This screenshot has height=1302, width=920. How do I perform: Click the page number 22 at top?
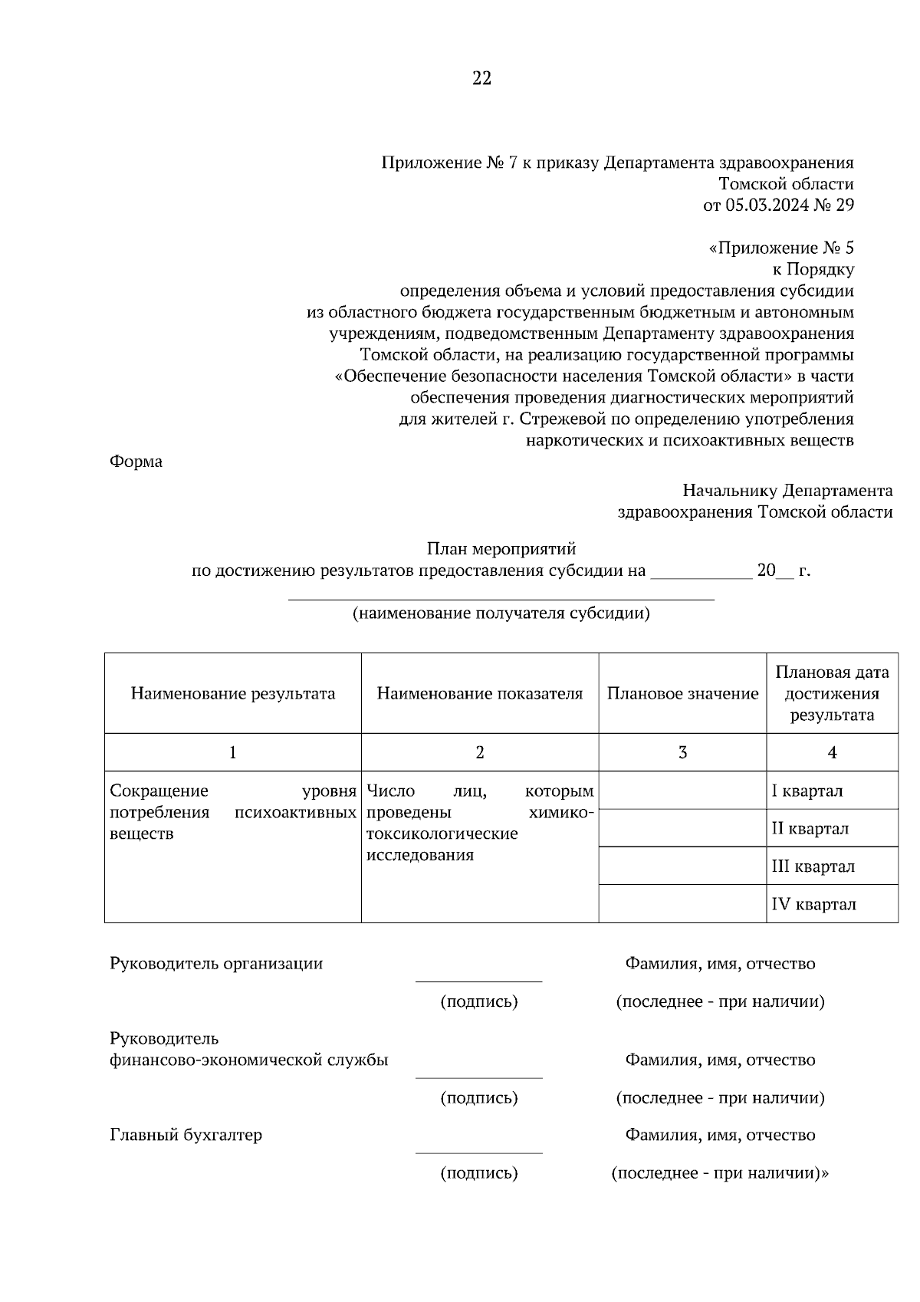pos(481,78)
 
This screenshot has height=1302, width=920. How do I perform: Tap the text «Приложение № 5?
pos(781,248)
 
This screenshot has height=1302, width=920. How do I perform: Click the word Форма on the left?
pos(136,462)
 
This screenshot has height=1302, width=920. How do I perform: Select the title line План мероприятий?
pos(501,549)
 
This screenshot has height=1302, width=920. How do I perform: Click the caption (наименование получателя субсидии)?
pos(501,613)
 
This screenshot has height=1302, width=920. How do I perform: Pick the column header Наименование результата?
pos(232,694)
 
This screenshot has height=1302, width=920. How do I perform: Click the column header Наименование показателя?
pos(479,694)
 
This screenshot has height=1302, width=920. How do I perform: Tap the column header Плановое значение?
pos(682,694)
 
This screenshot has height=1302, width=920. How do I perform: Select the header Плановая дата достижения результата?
pos(832,694)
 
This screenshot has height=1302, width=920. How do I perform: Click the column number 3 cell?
pos(682,752)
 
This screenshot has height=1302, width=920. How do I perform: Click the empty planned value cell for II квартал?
pos(682,828)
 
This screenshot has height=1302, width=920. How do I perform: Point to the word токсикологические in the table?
pos(442,833)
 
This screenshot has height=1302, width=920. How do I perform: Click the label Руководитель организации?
pos(216,964)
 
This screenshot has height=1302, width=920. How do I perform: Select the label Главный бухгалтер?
pos(186,1135)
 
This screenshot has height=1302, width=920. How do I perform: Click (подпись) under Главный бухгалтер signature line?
pos(478,1173)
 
